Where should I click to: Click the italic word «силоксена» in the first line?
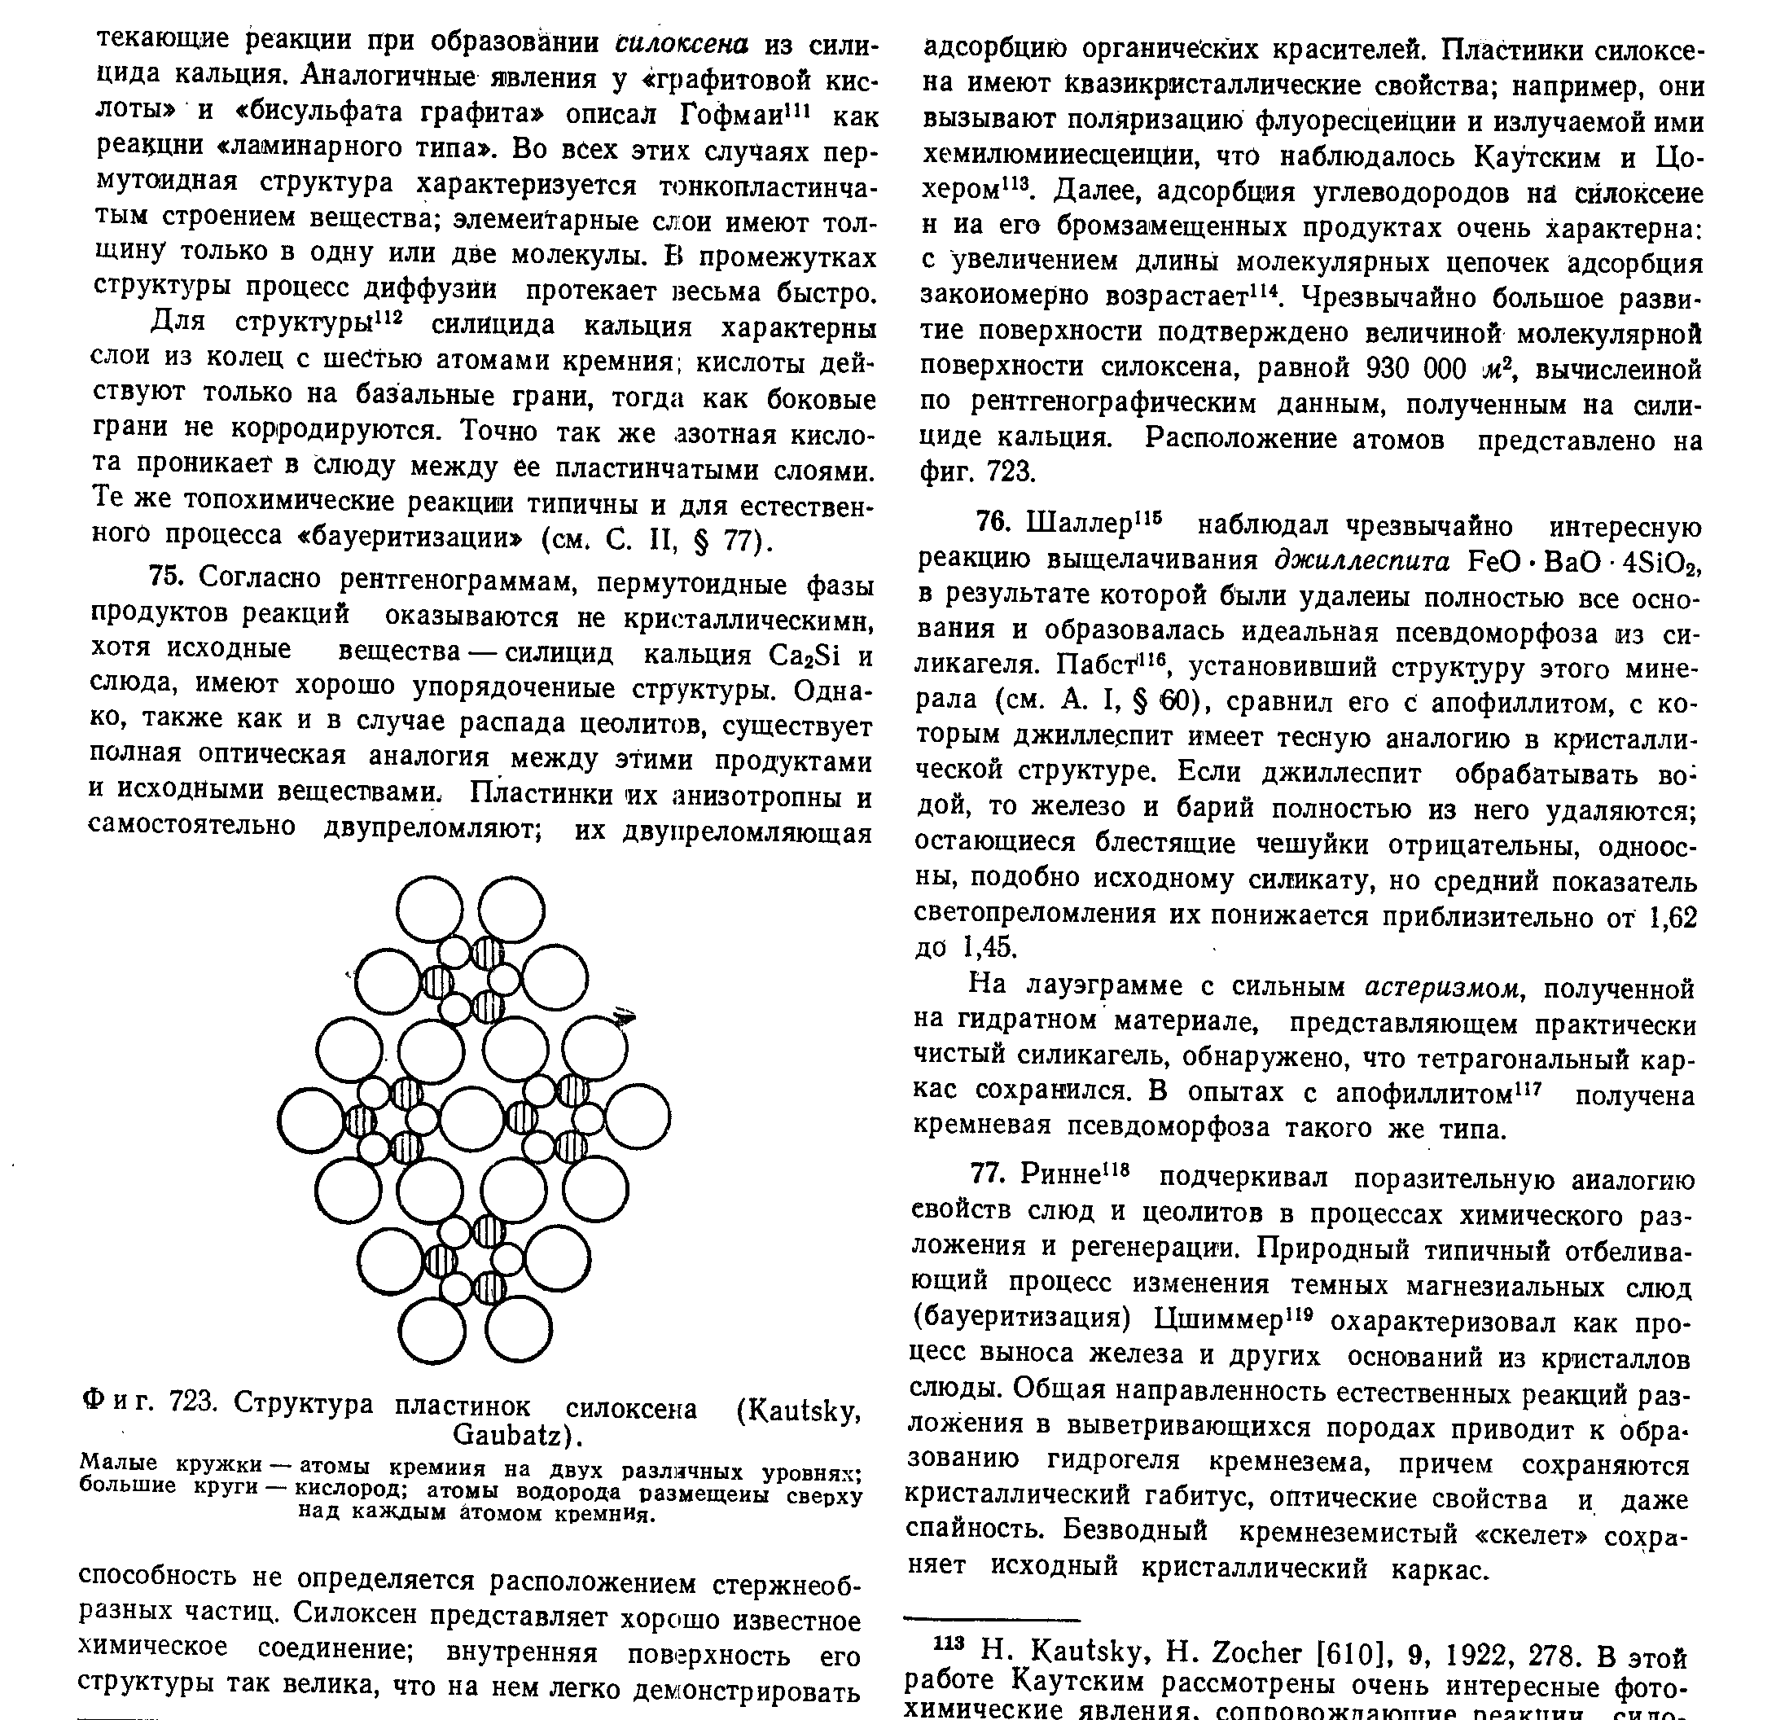coord(682,42)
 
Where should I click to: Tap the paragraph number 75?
coord(166,577)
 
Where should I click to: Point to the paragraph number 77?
coord(987,1174)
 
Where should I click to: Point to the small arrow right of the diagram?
coord(624,1019)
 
